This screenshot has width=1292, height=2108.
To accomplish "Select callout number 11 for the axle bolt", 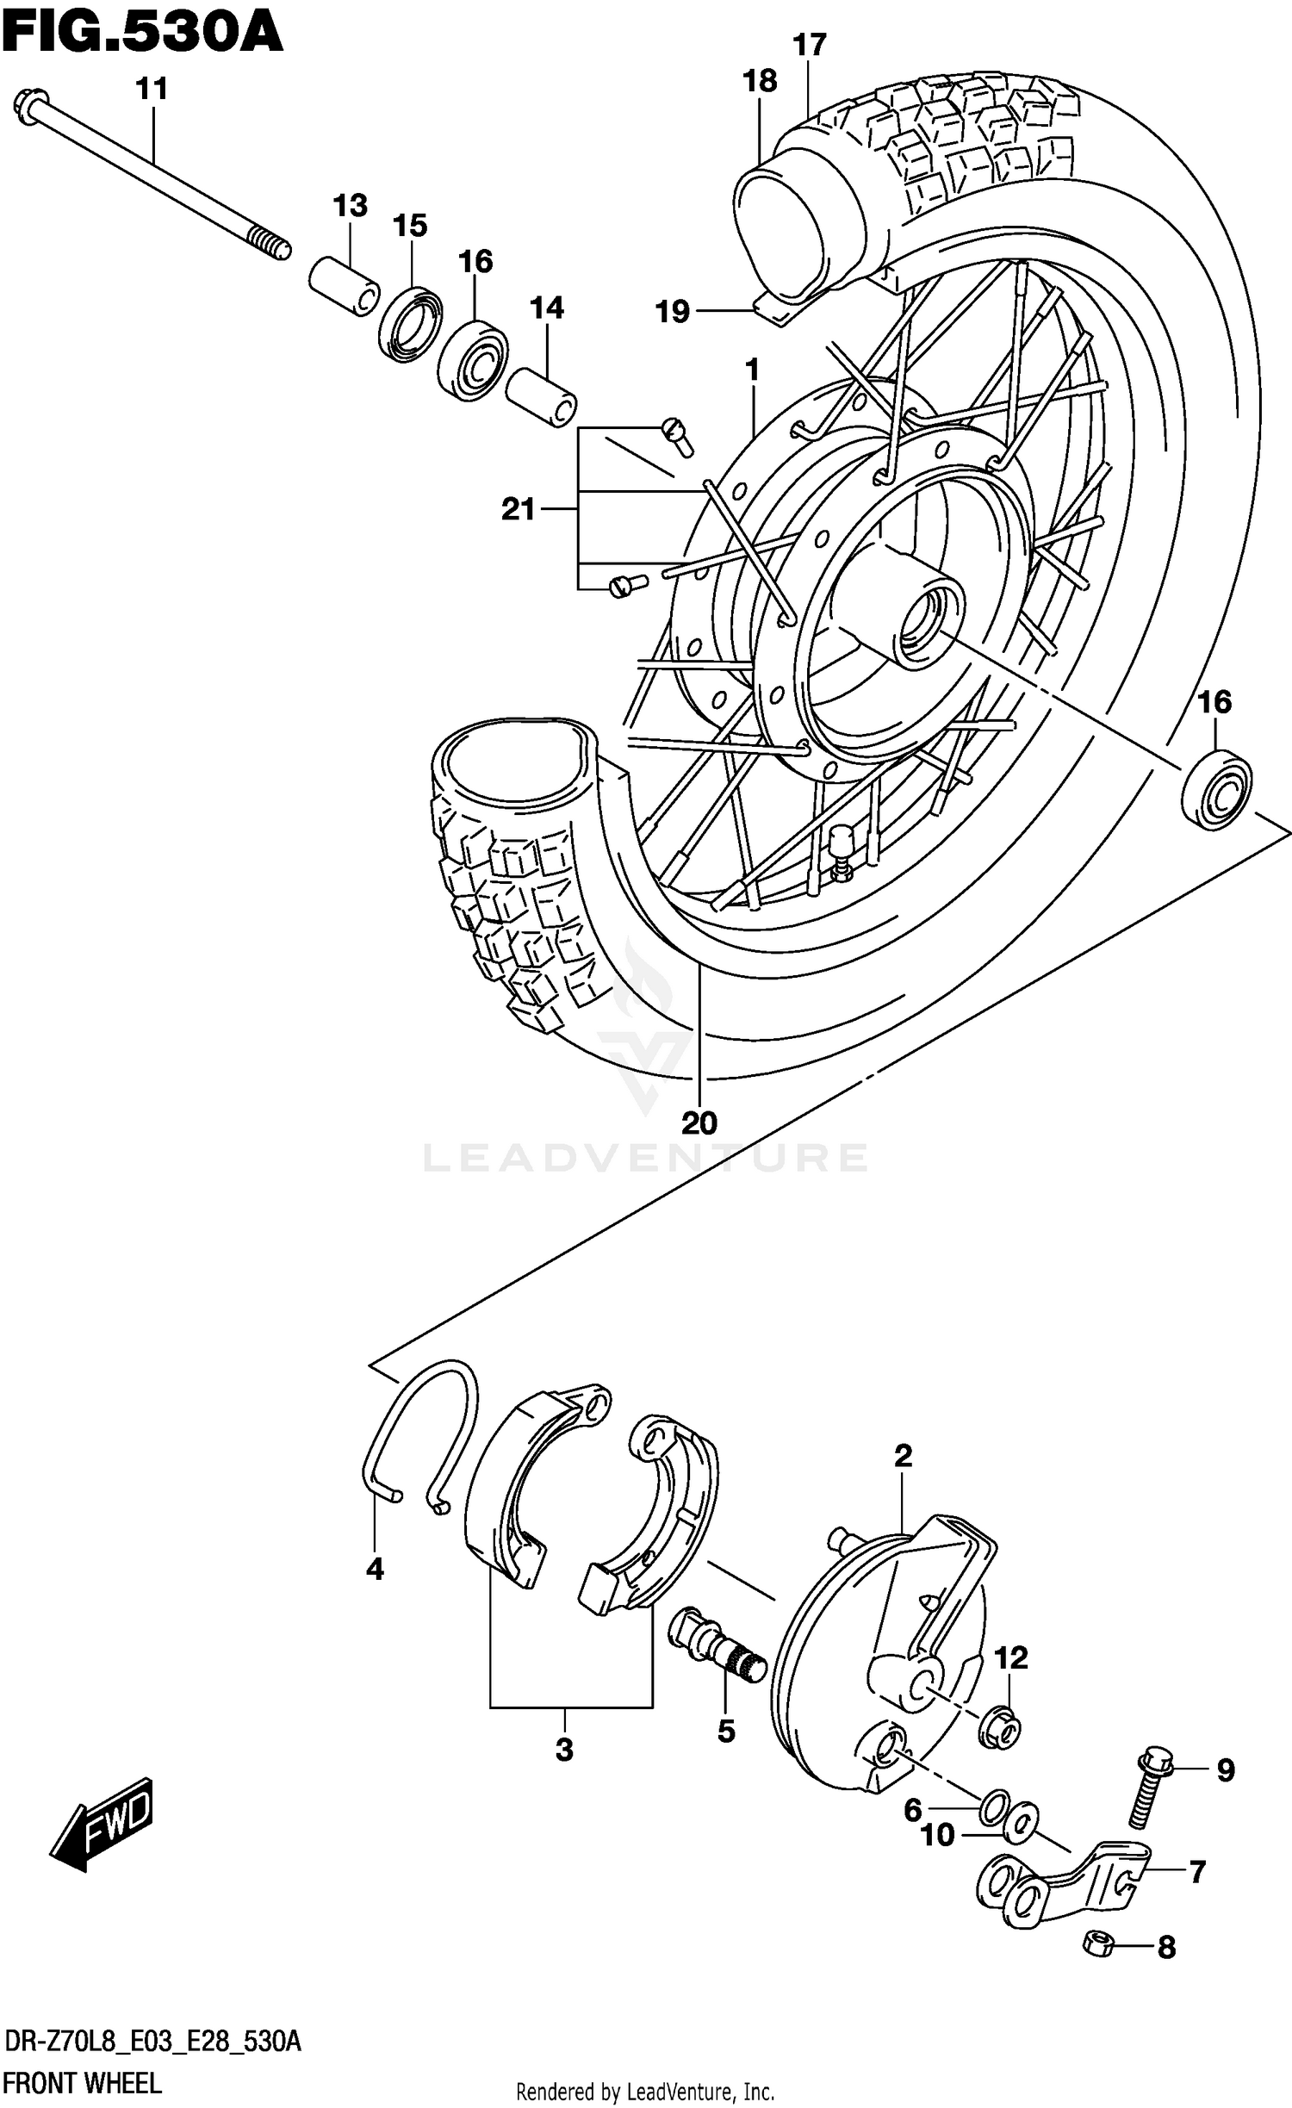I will coord(152,90).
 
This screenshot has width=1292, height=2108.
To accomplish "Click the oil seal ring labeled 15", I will coord(411,324).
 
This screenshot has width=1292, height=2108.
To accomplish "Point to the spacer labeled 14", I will coord(541,396).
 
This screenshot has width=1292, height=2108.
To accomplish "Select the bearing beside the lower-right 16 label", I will coord(1216,789).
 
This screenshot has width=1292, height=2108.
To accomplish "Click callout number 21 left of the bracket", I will coord(518,510).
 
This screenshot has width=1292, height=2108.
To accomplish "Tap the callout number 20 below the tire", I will coord(699,1123).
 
